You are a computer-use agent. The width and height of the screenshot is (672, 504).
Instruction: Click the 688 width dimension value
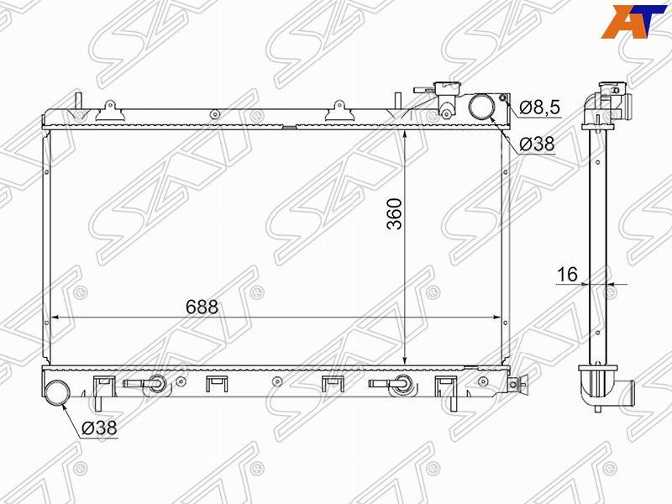click(x=202, y=307)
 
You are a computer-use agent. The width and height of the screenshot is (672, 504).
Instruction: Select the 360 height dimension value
click(x=394, y=214)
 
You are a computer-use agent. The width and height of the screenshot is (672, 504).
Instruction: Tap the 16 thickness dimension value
click(x=568, y=275)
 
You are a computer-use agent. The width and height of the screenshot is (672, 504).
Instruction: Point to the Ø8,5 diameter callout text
click(x=540, y=108)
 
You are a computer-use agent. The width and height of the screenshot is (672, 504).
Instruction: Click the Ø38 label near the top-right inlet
click(x=537, y=144)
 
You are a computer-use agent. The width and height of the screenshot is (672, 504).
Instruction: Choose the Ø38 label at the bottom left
click(x=99, y=428)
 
